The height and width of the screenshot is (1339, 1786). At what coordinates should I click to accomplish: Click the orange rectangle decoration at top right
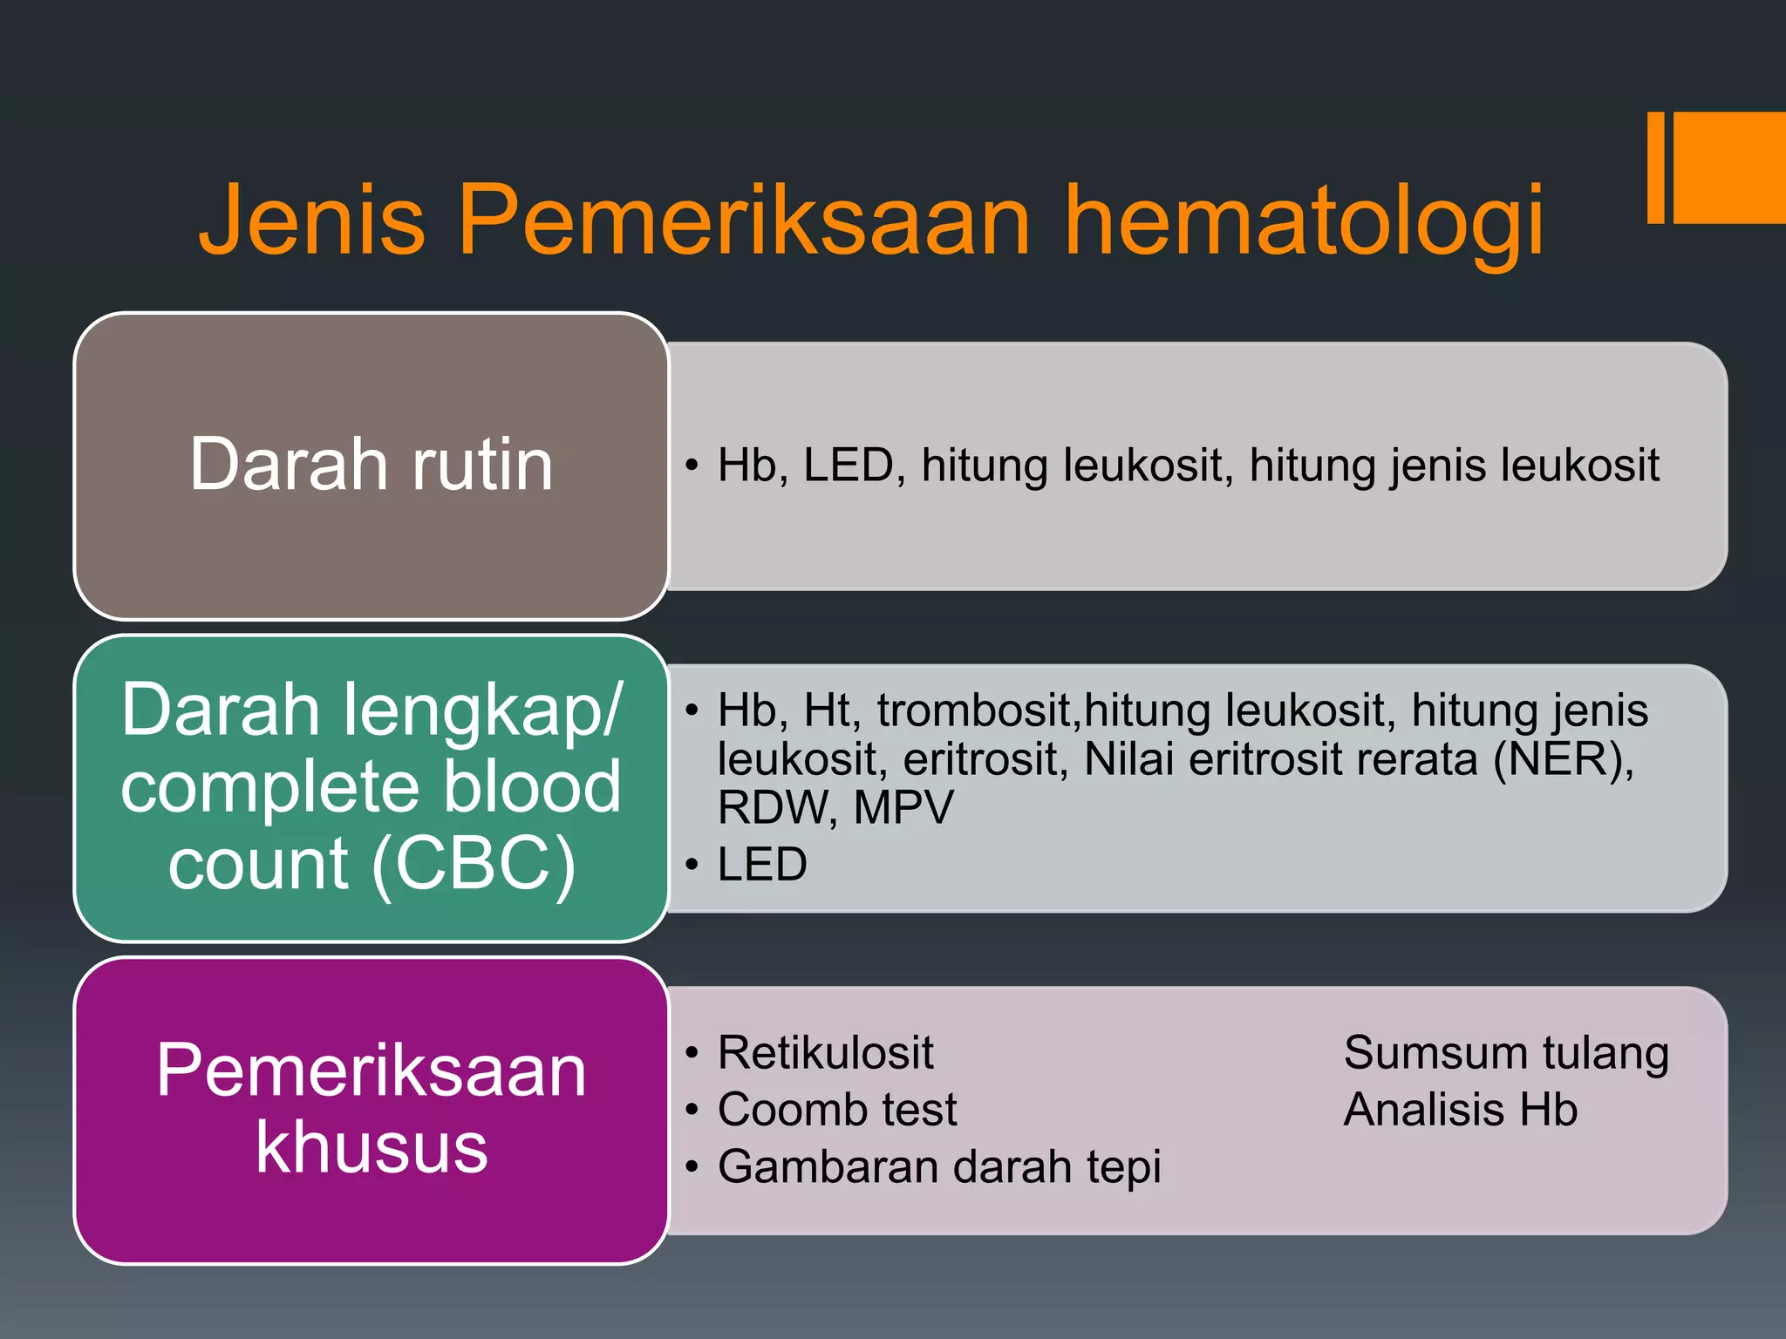click(1722, 167)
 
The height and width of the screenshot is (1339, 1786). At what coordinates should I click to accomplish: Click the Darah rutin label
click(372, 465)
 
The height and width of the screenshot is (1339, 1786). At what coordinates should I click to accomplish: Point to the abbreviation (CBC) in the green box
click(474, 863)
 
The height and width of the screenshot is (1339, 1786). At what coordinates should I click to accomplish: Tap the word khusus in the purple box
click(372, 1147)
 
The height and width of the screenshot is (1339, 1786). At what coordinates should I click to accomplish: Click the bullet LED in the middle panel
click(762, 865)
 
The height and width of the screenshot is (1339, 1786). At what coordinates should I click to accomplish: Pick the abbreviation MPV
click(903, 807)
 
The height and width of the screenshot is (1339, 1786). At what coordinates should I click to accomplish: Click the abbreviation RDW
click(772, 807)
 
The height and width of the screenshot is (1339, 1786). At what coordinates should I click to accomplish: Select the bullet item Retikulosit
click(825, 1052)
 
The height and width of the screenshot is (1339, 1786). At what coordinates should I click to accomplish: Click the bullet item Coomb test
click(837, 1110)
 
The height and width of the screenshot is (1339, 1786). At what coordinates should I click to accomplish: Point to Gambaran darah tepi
click(939, 1167)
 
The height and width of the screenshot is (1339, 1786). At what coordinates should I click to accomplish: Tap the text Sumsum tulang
click(1506, 1053)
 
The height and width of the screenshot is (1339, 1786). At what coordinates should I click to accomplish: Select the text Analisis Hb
click(1461, 1110)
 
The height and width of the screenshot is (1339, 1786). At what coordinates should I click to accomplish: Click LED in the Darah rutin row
click(848, 466)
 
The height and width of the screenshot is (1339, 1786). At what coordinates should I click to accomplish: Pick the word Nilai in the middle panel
click(1128, 759)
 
